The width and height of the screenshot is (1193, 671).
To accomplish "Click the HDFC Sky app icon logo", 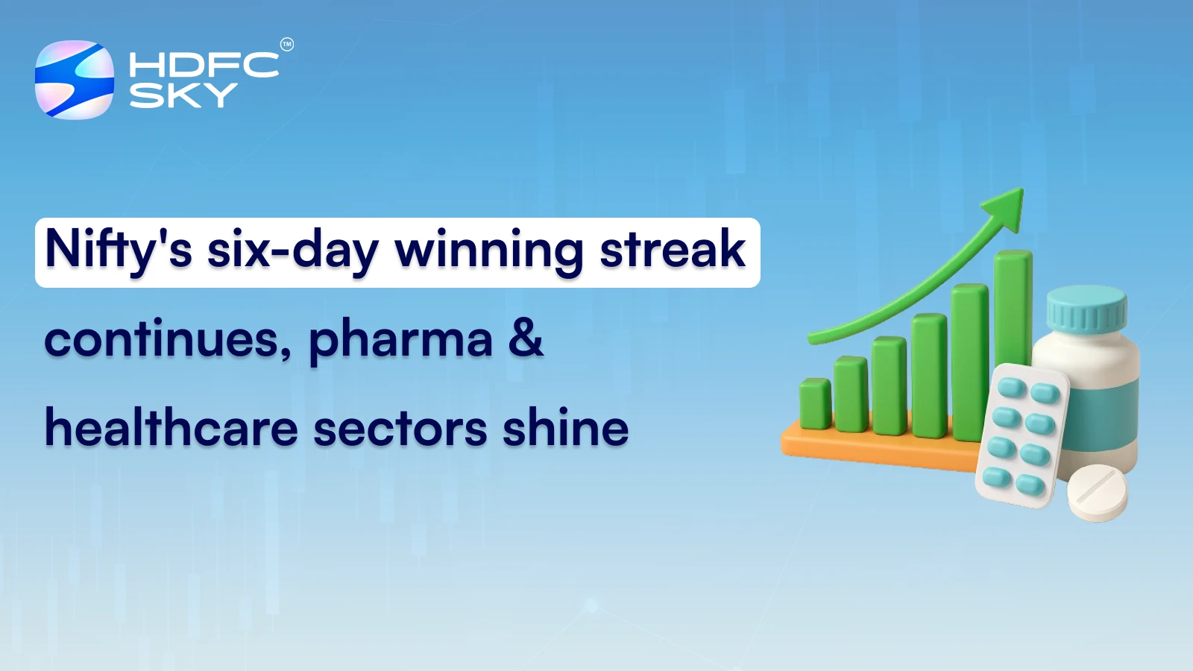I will pos(75,80).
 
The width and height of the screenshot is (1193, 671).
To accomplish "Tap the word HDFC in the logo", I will pos(204,66).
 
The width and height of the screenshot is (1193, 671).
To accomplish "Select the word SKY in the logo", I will pos(183,95).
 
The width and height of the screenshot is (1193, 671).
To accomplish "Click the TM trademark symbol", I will pos(287,45).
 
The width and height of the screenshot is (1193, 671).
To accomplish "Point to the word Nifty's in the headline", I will pos(119,251).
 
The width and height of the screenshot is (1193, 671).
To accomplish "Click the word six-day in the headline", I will pos(292,251).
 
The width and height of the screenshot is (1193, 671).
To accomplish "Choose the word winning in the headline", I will pos(489,251).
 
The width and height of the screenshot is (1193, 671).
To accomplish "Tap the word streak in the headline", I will pos(673,249).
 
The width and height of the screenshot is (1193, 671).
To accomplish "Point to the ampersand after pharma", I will pos(526,338).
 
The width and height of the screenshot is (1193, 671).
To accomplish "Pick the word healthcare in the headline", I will pos(171,428).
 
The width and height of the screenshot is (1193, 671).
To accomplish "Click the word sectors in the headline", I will pos(400,429).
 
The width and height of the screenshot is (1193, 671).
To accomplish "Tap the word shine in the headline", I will pos(565,428).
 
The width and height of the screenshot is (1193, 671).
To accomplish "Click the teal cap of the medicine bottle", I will pos(1086,310).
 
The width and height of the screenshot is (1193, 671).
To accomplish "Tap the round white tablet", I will pos(1097,493).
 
